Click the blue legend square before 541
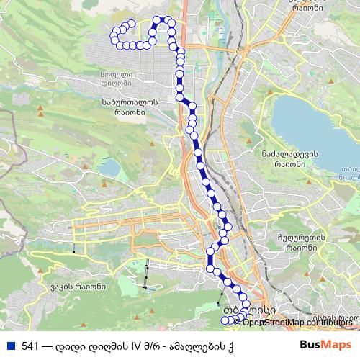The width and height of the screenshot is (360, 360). tap(10, 346)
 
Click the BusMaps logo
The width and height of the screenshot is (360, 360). tap(325, 345)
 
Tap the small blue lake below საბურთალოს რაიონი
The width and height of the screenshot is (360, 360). tap(109, 168)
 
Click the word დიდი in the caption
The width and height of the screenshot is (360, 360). tap(71, 346)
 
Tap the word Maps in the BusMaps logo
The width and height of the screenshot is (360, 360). tap(337, 345)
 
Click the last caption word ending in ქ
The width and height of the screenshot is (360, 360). tap(230, 346)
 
